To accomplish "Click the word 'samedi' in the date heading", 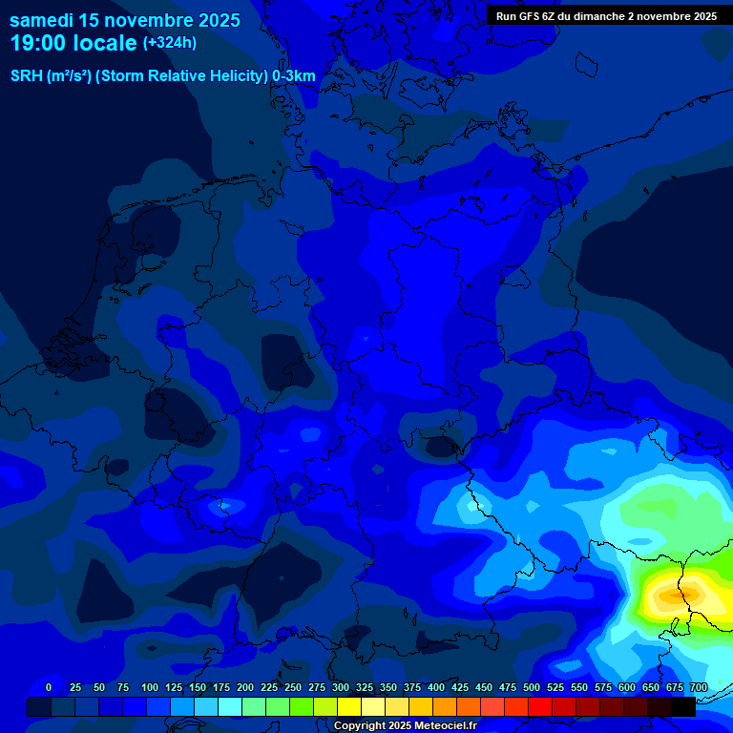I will pos(42,20).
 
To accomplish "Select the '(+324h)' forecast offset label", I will pos(169,42).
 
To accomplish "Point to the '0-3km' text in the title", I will pos(294,76).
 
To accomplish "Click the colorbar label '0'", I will pos(49,687).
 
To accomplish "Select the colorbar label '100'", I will pos(150,687).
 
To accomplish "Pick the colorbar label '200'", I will pos(245,687).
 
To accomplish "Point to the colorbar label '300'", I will pos(341,687).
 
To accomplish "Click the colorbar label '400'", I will pos(436,687).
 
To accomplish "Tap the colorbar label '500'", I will pos(532,687).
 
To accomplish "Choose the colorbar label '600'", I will pos(627,687).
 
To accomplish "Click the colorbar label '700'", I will pos(699,687).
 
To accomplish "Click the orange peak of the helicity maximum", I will pos(672,595).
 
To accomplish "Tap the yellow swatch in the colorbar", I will pos(349,706).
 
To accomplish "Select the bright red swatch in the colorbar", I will pos(540,706).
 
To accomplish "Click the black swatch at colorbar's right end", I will pos(683,706).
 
